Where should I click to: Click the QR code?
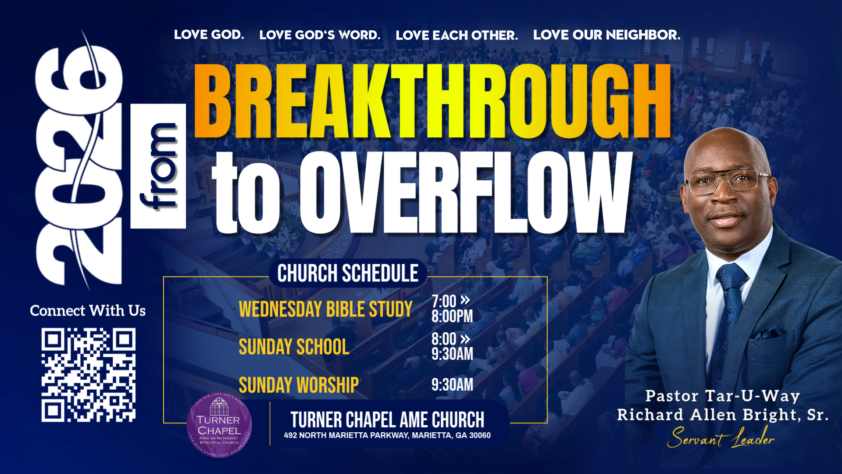click(x=88, y=375)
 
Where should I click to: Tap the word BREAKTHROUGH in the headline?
click(x=432, y=102)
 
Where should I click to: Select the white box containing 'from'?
click(x=158, y=166)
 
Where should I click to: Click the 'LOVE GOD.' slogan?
click(x=209, y=35)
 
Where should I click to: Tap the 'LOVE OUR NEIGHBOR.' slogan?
click(x=607, y=35)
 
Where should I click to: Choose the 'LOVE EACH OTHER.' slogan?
click(x=457, y=35)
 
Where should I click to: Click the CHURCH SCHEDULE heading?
click(x=348, y=273)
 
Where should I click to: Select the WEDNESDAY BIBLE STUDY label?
click(x=325, y=309)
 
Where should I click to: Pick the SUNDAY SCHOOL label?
click(x=294, y=347)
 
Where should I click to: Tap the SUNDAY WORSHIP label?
click(x=299, y=385)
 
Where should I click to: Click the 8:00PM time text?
click(x=452, y=316)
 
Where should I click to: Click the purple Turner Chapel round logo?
click(x=219, y=425)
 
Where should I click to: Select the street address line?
click(x=387, y=435)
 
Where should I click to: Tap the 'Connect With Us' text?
click(x=88, y=311)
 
